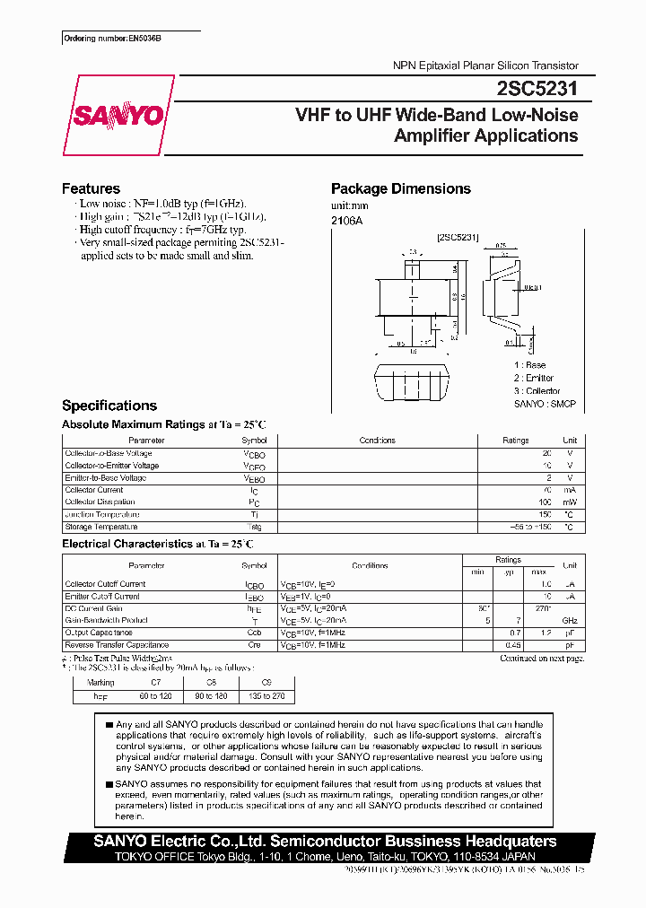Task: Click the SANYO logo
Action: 118,116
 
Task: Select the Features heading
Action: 91,188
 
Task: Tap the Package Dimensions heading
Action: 400,188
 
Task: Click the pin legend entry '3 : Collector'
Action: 537,390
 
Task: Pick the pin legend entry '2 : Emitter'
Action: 534,378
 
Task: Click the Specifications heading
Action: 109,406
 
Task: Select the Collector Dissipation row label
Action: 100,502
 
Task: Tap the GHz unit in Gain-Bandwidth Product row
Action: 569,621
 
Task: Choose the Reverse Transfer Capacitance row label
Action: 117,645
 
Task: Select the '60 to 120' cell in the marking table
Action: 154,695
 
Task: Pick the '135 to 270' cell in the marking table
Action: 266,695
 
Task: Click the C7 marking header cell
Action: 154,683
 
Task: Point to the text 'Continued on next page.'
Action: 542,658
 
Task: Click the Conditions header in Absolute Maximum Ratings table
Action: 377,441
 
